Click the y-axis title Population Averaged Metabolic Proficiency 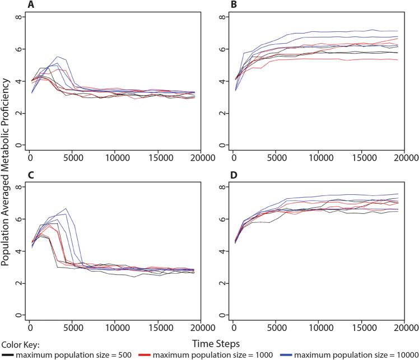[6, 168]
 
